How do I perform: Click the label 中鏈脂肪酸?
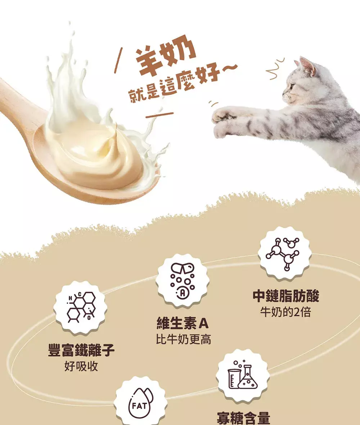[x=286, y=296]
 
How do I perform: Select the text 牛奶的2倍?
[x=285, y=312]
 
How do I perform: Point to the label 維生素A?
[x=183, y=323]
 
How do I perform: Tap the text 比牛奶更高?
[x=183, y=339]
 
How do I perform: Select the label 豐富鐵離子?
[x=81, y=350]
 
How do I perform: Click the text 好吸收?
[x=81, y=366]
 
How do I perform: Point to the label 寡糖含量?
[x=243, y=418]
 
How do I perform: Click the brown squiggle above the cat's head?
[x=275, y=69]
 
